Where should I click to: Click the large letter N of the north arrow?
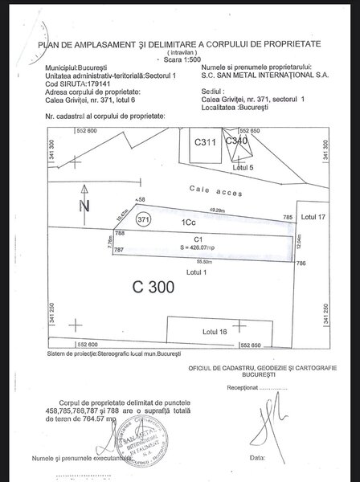84,206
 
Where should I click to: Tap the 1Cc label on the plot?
187,220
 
